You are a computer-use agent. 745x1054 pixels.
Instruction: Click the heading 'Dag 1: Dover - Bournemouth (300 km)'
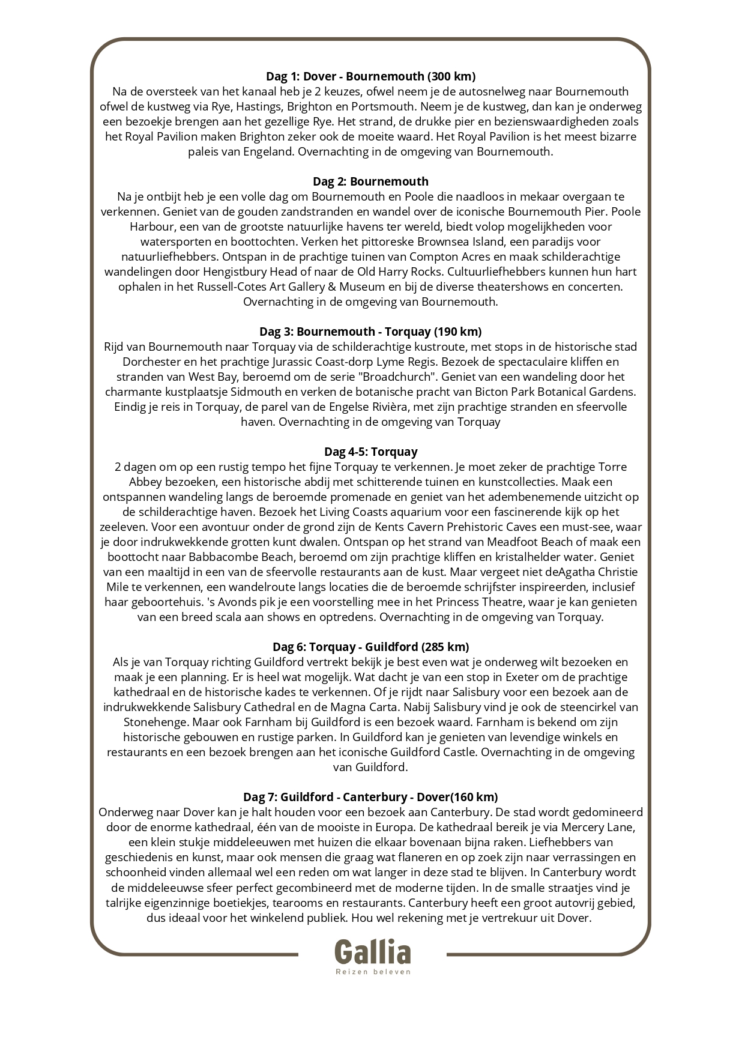point(370,76)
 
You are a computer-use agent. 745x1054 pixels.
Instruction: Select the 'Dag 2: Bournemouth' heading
point(370,181)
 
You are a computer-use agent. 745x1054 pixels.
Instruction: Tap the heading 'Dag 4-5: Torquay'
point(370,452)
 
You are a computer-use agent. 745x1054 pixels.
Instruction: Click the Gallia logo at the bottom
point(372,952)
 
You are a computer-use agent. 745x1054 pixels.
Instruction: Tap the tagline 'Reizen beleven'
point(372,971)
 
